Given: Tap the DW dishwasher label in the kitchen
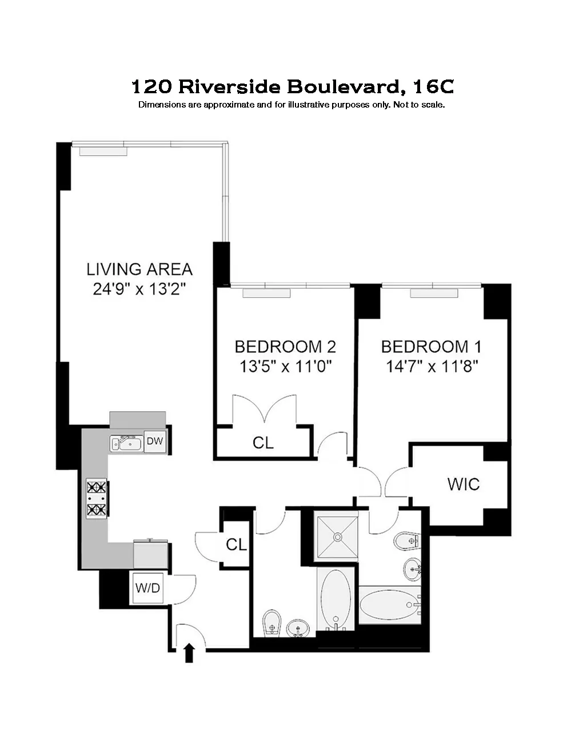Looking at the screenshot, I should click(154, 441).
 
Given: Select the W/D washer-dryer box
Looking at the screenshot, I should click(147, 587).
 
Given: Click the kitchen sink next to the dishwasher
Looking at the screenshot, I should click(126, 443).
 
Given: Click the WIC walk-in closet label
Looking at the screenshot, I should click(464, 484).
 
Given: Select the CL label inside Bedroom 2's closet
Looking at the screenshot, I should click(263, 442).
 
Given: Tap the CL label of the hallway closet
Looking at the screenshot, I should click(236, 545).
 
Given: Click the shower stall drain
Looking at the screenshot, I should click(337, 537).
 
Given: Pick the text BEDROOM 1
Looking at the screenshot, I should click(431, 347).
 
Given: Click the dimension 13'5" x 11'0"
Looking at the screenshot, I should click(286, 366).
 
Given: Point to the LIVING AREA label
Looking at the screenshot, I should click(139, 269).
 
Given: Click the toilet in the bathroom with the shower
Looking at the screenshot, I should click(406, 541).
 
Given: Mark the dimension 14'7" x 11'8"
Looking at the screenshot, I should click(432, 366).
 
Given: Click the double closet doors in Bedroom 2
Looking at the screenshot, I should click(263, 410).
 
